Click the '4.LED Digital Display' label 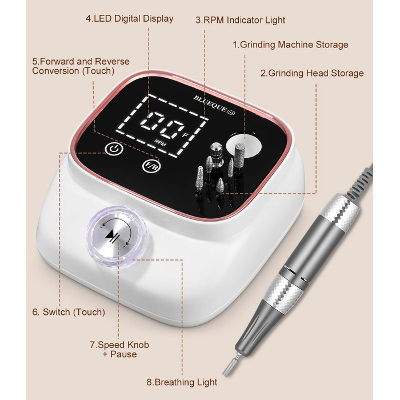129,19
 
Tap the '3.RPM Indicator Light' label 240,20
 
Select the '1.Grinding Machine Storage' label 290,45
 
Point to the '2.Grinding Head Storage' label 312,73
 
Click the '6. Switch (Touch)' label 69,312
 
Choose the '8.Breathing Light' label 182,382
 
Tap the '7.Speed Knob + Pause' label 119,350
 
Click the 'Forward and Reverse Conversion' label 81,66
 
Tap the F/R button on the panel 151,166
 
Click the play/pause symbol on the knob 112,234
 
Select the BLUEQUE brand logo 214,105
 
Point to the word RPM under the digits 160,143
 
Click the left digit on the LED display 151,121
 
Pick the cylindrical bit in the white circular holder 240,155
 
